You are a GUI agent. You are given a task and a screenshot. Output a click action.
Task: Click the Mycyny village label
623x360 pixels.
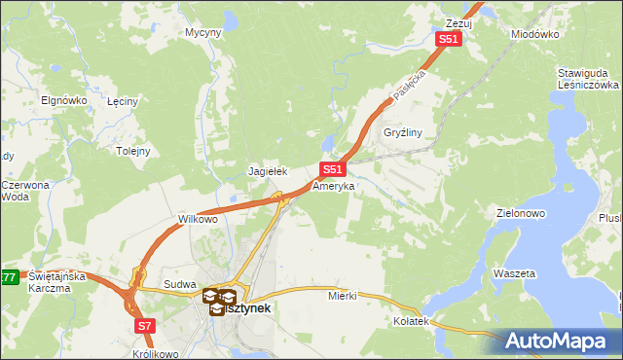click(x=203, y=32)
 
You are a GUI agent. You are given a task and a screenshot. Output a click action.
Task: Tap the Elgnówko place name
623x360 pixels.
click(x=64, y=100)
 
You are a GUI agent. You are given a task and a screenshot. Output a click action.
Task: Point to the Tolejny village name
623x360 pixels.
click(x=132, y=151)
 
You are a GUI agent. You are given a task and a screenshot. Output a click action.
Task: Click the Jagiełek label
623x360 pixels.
click(x=268, y=171)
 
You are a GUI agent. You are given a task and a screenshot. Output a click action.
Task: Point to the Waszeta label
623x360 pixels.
click(x=515, y=274)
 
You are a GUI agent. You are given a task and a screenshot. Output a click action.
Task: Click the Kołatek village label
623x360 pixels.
click(x=411, y=321)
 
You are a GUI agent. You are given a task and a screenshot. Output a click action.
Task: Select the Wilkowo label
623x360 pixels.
click(x=198, y=219)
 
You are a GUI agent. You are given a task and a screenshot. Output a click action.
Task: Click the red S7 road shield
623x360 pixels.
click(x=145, y=326)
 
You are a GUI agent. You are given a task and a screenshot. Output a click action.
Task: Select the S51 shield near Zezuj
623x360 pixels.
click(x=447, y=39)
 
